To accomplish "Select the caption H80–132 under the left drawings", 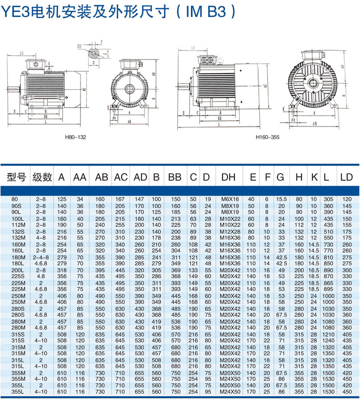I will pos(76,137).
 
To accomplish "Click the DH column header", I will pos(228,178).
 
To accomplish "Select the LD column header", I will pos(346,178).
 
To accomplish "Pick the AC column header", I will pos(121,178).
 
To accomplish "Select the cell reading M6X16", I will pos(229,199).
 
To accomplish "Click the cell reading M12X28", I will pos(229,231).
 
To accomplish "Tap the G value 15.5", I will pos(281,199).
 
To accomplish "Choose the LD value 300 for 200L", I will pos(346,269).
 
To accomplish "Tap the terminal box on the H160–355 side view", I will pos(208,59).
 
